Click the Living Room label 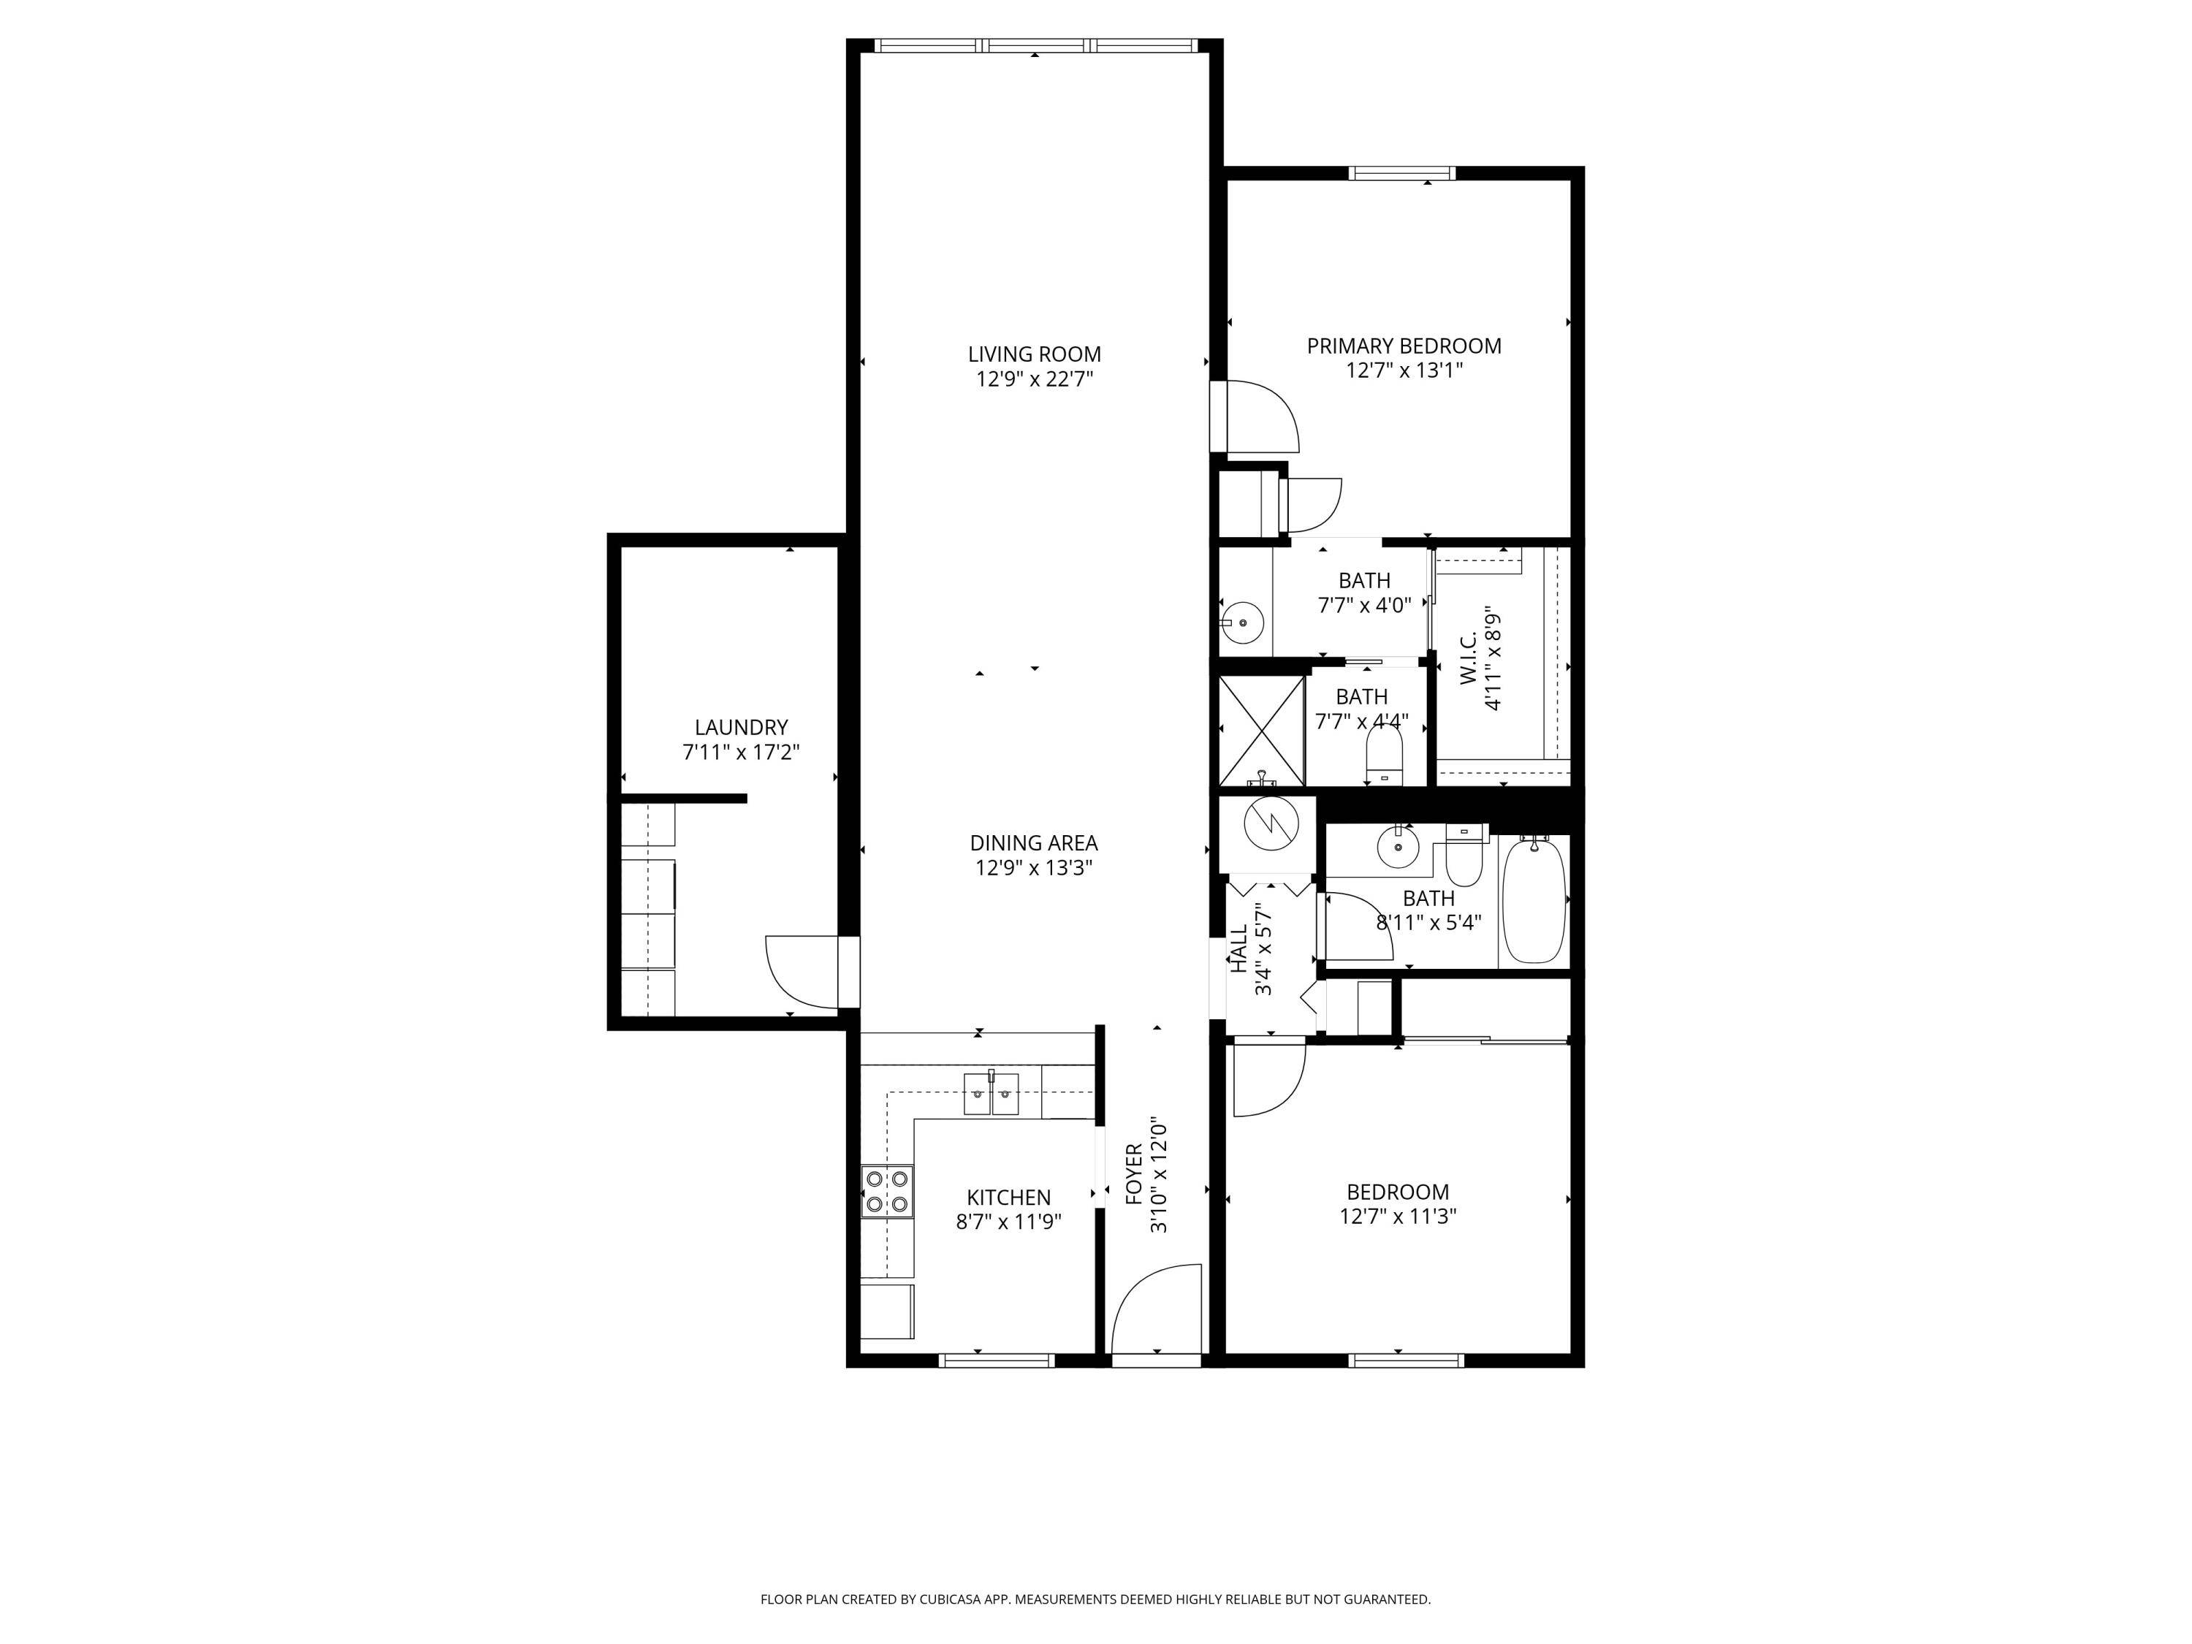[1034, 354]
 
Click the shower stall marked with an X [1260, 731]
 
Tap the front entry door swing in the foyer [1157, 1308]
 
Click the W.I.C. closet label [1469, 658]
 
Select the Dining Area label [1034, 843]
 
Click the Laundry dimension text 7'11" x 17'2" [740, 752]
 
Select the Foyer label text [1135, 1174]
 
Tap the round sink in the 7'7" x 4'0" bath [1241, 623]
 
